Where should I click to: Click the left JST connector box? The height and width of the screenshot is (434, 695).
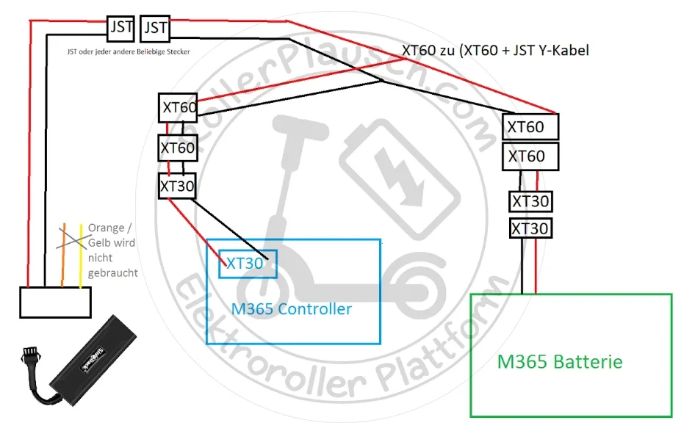point(121,28)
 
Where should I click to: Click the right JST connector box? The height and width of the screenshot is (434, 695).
point(154,28)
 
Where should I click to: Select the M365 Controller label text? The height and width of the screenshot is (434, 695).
point(292,309)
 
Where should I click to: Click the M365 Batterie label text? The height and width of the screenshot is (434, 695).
point(560,362)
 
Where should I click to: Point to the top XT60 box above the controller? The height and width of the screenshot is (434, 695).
point(179,108)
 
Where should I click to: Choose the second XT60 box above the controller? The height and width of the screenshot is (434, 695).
point(179,148)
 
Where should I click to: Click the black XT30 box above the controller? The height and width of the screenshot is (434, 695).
point(177,187)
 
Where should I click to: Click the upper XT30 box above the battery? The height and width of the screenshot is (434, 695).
point(530,201)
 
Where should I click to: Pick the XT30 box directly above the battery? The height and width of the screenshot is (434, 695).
point(530,228)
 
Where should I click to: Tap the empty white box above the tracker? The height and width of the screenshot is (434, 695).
point(55,302)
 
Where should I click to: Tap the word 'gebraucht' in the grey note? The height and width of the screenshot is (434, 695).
point(112,272)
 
